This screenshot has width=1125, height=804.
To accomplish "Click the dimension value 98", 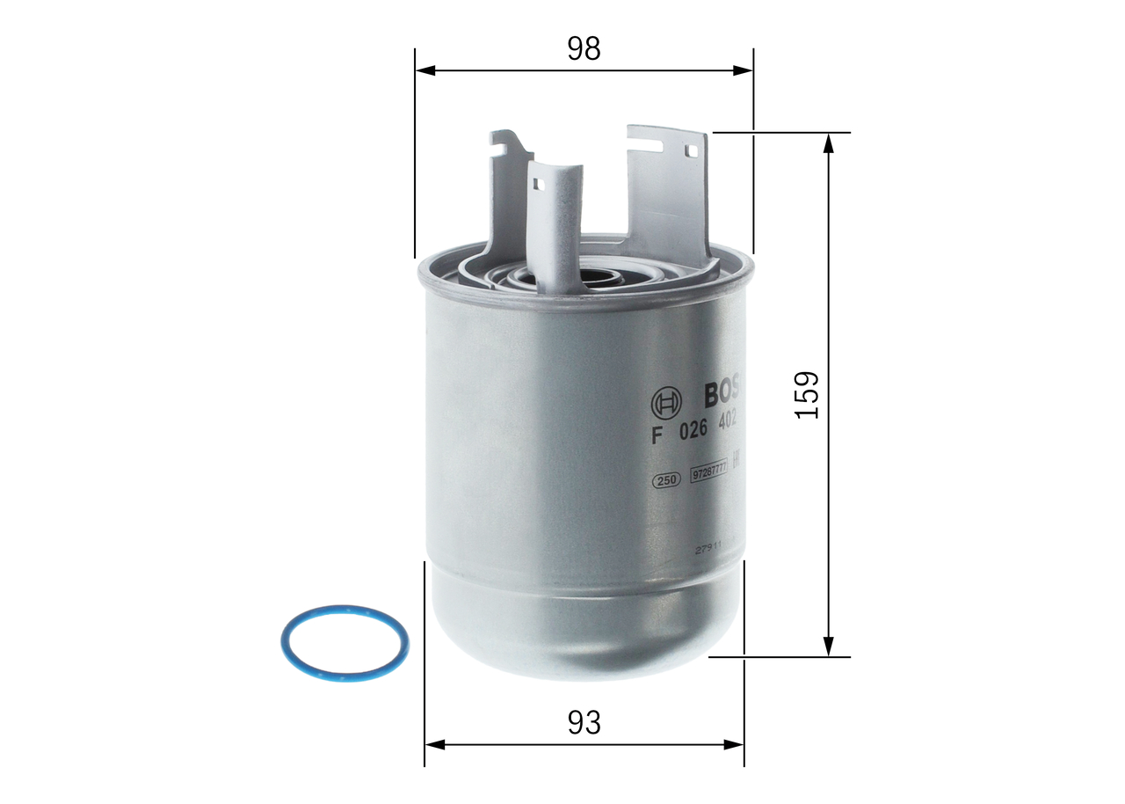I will click(x=584, y=49).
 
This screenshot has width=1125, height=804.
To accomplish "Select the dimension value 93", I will click(x=584, y=723).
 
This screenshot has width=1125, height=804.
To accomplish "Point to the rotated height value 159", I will click(x=806, y=394).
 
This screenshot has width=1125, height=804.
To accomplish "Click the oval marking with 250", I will click(x=665, y=480).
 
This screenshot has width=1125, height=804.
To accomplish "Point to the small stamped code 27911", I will click(x=708, y=547).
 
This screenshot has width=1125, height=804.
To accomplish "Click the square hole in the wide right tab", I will click(x=691, y=151).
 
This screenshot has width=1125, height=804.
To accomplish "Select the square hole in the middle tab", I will click(x=538, y=184).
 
